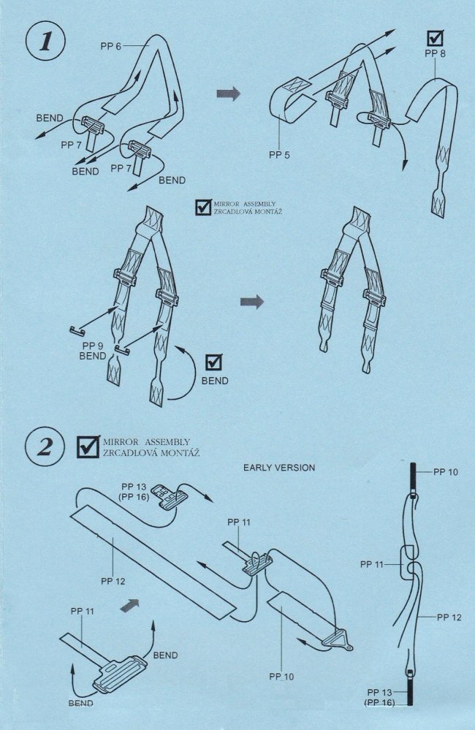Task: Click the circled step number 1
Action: point(46,42)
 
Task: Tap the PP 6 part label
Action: point(110,46)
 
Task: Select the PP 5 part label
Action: point(279,155)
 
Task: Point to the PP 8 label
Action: point(435,53)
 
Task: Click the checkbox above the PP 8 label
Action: point(435,38)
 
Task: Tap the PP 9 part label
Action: point(93,346)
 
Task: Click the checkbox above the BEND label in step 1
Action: point(213,362)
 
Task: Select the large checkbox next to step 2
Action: point(88,446)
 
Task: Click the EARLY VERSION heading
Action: point(279,468)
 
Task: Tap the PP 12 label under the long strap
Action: point(113,581)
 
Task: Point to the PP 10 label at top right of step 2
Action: point(446,472)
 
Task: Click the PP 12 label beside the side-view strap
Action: point(449,617)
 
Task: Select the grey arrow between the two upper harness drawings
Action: point(228,94)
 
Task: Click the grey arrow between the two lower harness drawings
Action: point(252,302)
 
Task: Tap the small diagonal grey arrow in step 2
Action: point(130,604)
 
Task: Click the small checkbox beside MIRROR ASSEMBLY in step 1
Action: point(203,208)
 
